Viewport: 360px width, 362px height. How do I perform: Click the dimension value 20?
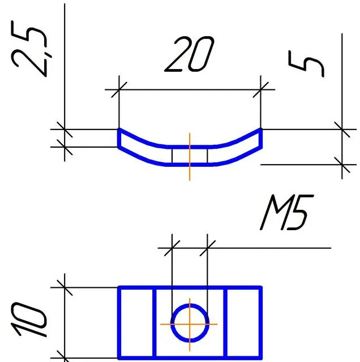(x=190, y=55)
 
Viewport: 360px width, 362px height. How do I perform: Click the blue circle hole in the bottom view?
(x=174, y=324)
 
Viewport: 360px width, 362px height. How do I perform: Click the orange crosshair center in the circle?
(x=190, y=324)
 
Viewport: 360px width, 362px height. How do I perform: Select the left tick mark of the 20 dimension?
(x=119, y=89)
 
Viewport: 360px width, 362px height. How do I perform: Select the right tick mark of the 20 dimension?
(x=262, y=89)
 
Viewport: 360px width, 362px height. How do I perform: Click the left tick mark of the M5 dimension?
(x=172, y=248)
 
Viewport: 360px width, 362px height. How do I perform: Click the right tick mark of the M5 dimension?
(x=208, y=248)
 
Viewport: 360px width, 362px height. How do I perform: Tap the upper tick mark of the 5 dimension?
(x=342, y=129)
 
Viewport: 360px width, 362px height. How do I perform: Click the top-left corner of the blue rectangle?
(x=119, y=288)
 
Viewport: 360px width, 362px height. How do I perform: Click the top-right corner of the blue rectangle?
(x=262, y=288)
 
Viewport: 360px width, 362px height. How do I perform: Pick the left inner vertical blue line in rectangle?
(x=155, y=322)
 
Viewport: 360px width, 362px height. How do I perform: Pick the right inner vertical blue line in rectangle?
(x=226, y=322)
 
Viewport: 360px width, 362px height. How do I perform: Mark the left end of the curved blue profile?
(x=119, y=138)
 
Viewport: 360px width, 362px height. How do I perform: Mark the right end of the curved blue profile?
(x=262, y=138)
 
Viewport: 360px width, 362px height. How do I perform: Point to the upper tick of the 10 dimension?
(x=65, y=287)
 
